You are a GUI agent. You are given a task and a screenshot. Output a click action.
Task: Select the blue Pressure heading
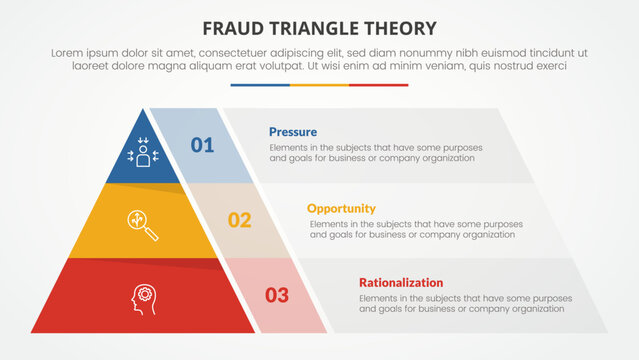click(x=293, y=132)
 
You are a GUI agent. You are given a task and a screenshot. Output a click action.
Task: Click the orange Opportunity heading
click(x=341, y=208)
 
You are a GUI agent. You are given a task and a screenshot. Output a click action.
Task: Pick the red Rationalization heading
click(x=400, y=283)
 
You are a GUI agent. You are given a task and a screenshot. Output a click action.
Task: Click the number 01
click(x=202, y=146)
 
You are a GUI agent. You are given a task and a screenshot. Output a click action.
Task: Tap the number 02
click(x=239, y=220)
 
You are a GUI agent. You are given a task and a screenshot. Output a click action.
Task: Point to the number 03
click(x=276, y=295)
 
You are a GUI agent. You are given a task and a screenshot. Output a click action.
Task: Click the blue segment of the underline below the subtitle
click(x=259, y=85)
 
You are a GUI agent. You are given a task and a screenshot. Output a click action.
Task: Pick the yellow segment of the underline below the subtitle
click(x=319, y=85)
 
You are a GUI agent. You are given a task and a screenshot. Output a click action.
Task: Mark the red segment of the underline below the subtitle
click(x=379, y=85)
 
